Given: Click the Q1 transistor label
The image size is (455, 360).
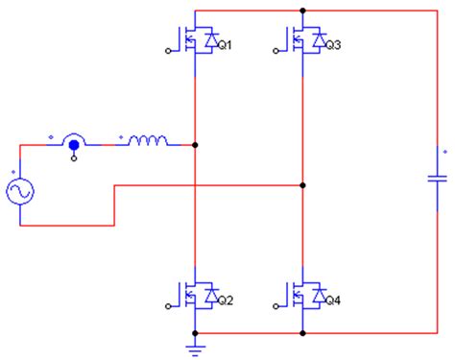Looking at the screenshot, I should click(225, 45).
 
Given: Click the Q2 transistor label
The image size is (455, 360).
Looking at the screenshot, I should click(225, 301).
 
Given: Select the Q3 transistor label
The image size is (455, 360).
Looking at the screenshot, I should click(333, 45).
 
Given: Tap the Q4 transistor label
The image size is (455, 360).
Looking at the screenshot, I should click(333, 301).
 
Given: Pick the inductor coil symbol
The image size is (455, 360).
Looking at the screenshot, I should click(146, 144).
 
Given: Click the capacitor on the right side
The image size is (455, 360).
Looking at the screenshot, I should click(438, 178).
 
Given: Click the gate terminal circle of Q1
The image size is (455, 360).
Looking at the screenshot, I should click(170, 53).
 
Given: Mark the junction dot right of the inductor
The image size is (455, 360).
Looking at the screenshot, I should click(195, 146).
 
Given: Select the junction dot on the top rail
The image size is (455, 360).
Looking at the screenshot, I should click(303, 11).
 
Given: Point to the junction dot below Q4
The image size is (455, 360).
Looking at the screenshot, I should click(303, 333).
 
